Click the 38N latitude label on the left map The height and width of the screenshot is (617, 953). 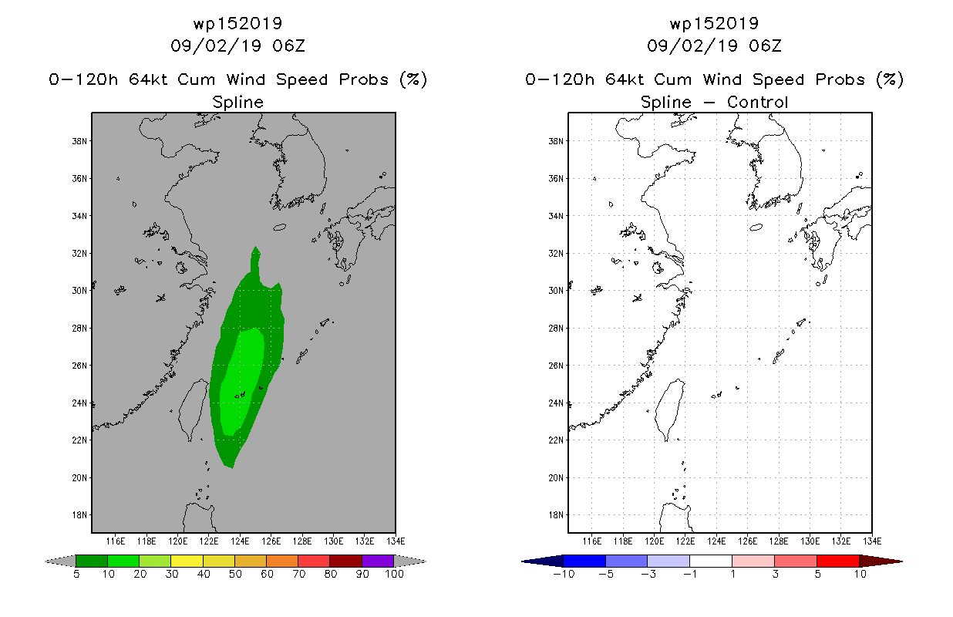(79, 141)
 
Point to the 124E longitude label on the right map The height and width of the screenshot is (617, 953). (716, 541)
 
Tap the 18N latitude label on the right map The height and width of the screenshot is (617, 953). (556, 515)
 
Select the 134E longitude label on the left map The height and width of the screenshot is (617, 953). (396, 541)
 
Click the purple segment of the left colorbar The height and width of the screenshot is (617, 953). (378, 561)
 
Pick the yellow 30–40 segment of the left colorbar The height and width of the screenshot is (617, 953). (187, 561)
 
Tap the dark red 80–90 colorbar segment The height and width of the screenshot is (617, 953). (346, 561)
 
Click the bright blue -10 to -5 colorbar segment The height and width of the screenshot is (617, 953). (584, 561)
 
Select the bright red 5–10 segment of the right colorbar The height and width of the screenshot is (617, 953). (838, 561)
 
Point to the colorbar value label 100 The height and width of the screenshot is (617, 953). (395, 574)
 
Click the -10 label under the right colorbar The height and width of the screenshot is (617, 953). (564, 574)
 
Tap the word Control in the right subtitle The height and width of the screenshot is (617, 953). (757, 102)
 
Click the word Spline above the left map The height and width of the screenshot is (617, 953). (237, 103)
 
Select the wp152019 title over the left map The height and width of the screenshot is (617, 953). (237, 24)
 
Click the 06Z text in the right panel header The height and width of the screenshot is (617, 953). (765, 46)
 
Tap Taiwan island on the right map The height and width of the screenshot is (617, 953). (669, 409)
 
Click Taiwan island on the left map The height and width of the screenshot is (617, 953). (193, 409)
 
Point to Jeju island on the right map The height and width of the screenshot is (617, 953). (756, 228)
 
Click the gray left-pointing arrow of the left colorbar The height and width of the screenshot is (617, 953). (60, 561)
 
